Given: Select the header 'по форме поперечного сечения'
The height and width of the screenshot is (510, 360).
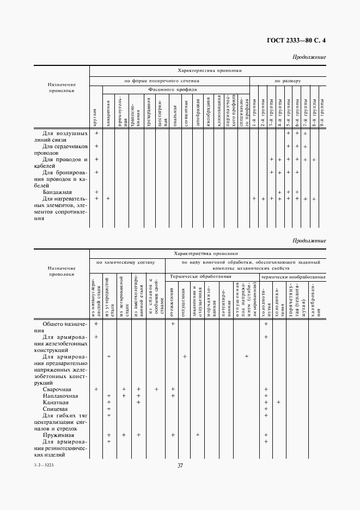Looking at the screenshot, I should coord(169,80).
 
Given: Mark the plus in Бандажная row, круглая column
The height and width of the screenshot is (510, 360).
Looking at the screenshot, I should coord(96,192).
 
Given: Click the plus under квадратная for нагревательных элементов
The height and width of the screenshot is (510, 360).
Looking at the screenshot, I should coord(108,199).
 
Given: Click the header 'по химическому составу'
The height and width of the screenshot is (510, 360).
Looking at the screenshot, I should coord(126,262).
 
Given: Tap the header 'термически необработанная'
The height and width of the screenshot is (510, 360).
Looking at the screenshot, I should coord(293,277).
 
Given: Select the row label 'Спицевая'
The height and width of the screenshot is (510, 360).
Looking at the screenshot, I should coord(56,409).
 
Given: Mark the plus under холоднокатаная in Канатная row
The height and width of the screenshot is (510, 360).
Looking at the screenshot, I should coord(279,402).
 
